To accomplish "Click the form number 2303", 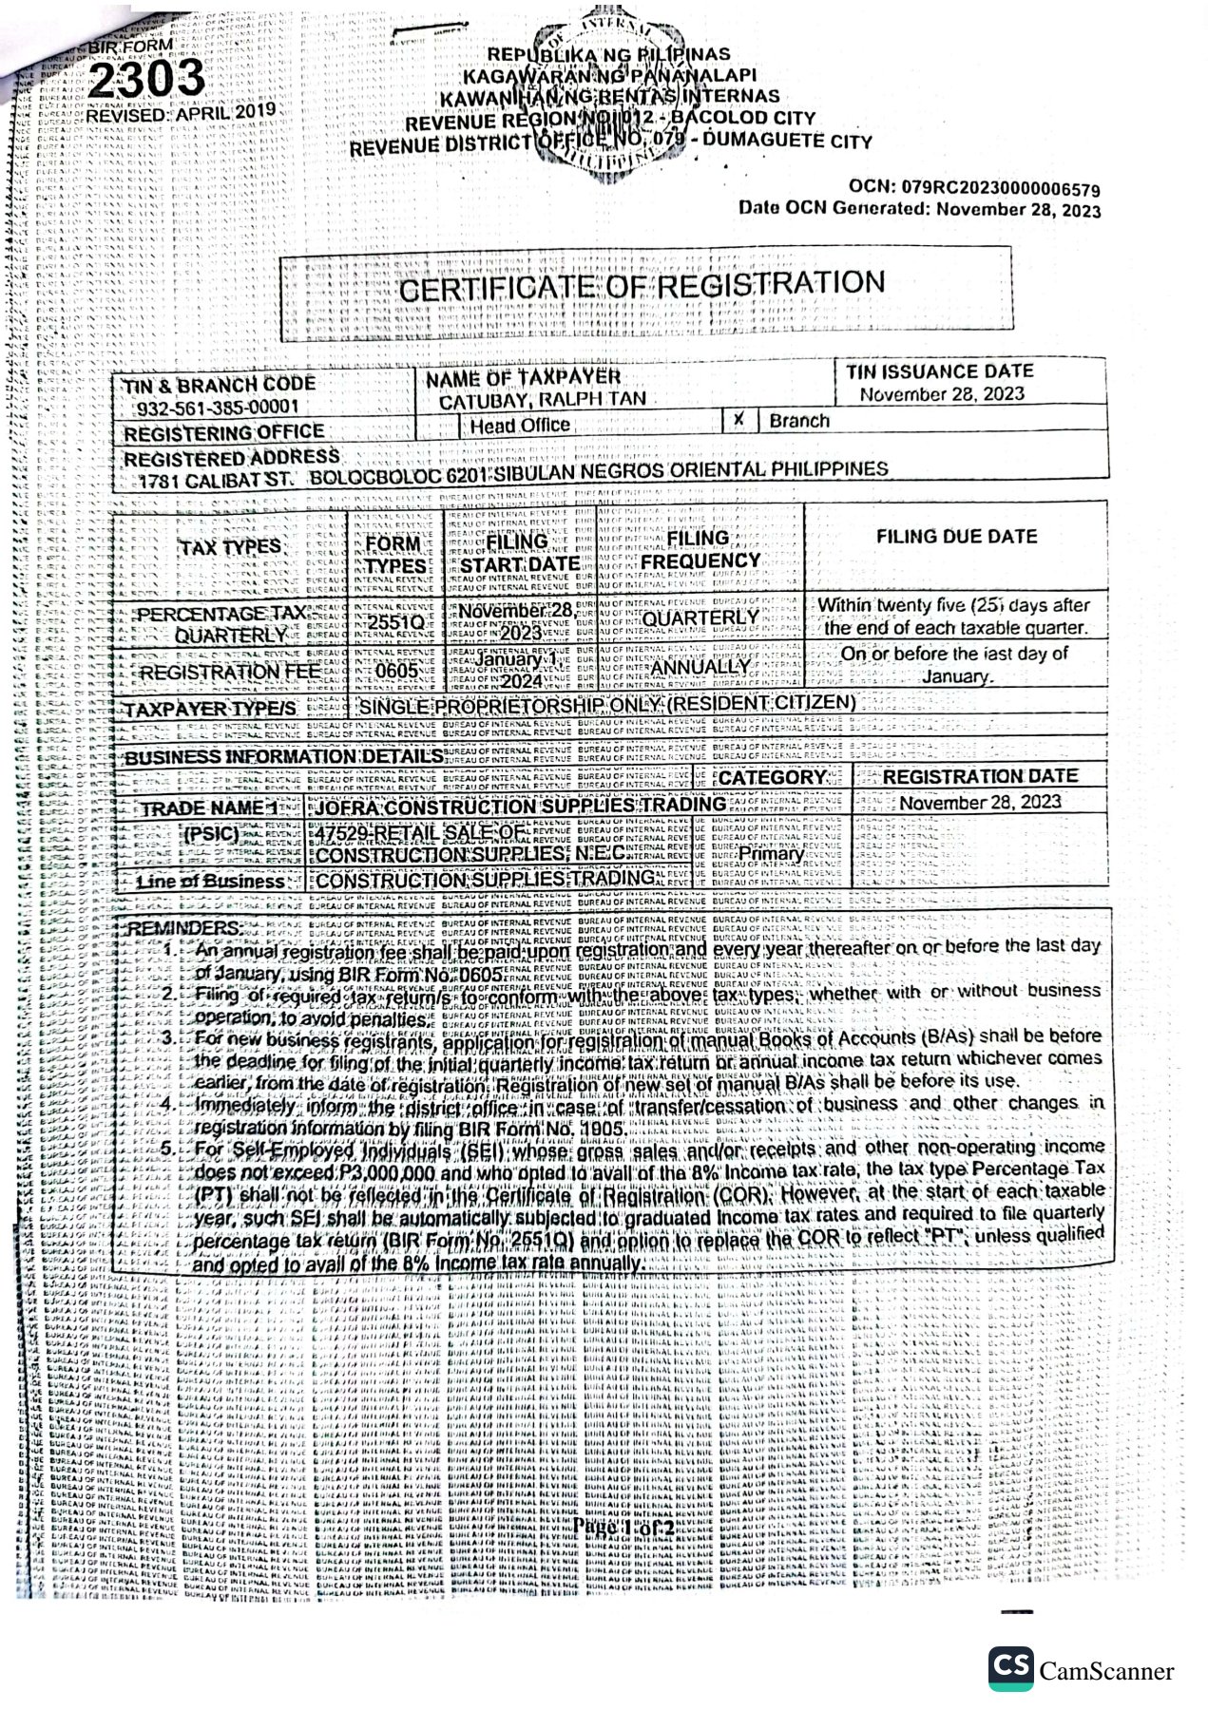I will (x=145, y=79).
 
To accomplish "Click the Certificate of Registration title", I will (x=642, y=285).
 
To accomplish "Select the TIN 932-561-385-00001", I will (x=218, y=408).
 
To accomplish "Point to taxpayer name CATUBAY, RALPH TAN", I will (x=542, y=400).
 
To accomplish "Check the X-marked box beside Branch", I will (x=738, y=420).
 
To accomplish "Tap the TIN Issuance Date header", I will (x=939, y=371).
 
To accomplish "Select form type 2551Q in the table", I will (x=395, y=622).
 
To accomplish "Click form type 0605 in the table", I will (x=396, y=671).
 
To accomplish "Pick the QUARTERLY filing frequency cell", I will (x=700, y=617).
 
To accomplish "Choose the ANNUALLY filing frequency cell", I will (x=700, y=667).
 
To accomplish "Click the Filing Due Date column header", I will (x=956, y=537).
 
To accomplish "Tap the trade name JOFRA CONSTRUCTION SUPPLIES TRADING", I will (x=520, y=806).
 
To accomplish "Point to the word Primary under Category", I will (x=771, y=853).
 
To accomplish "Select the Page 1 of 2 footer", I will (x=623, y=1529).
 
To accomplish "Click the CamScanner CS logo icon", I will (x=1010, y=1669).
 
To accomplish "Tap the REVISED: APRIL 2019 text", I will (x=181, y=112).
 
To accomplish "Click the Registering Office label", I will (x=223, y=433).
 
